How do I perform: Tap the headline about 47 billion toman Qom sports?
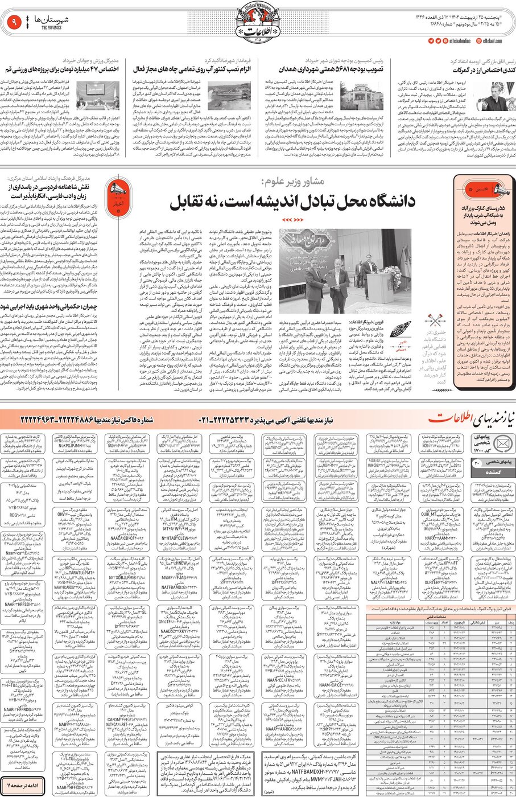point(61,69)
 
